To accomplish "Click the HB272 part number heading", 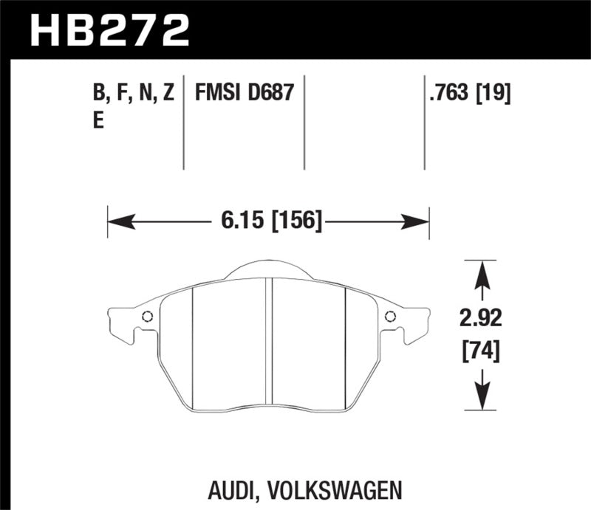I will (109, 30).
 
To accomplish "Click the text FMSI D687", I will (245, 94).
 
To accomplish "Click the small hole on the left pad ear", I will (147, 317).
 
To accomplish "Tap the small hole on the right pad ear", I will (390, 317).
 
